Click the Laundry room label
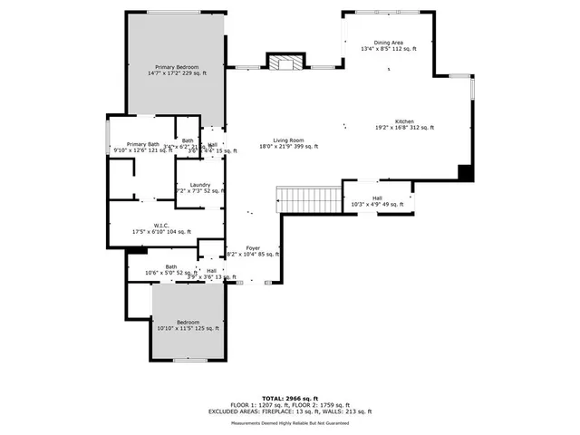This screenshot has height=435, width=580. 200,186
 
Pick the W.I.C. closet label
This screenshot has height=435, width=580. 162,226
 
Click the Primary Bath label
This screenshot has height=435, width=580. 142,144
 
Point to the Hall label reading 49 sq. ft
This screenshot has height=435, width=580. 376,198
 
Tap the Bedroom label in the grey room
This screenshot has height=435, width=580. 188,323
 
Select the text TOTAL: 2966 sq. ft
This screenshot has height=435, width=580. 289,398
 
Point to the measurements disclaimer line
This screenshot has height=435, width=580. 289,422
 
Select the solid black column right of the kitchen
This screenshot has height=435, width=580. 466,171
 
